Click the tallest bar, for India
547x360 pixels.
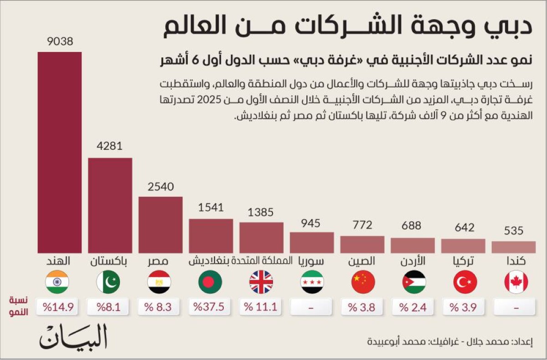[60, 152]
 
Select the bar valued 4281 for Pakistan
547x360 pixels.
[110, 205]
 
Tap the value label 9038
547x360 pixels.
[60, 42]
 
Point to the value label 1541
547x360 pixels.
[211, 207]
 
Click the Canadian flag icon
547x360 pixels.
[516, 282]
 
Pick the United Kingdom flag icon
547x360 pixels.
[261, 282]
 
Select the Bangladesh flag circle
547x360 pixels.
[210, 282]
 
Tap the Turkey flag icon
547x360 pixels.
[465, 282]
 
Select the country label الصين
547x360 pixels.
[362, 262]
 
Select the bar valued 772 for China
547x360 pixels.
[362, 244]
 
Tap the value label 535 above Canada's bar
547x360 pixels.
[514, 231]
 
